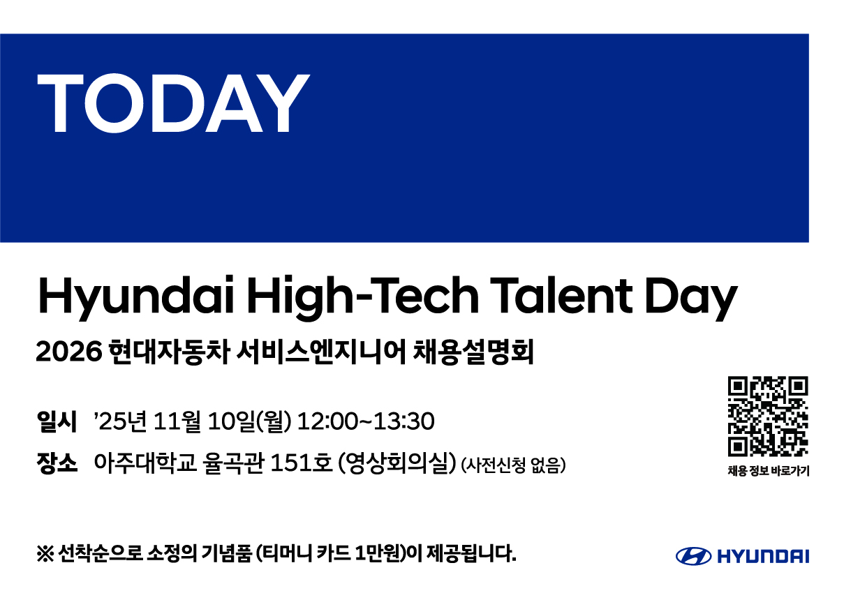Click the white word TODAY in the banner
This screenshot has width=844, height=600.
tap(174, 103)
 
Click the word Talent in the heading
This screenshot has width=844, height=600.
tap(561, 295)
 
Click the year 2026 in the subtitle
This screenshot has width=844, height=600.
tap(69, 352)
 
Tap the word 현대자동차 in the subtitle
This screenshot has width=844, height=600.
tap(169, 352)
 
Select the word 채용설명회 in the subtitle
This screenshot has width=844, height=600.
tap(473, 352)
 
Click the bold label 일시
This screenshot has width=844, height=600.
tap(57, 421)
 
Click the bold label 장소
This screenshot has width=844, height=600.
tap(57, 463)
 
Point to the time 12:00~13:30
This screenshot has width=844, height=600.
tap(366, 421)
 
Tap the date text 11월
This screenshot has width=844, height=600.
tap(177, 421)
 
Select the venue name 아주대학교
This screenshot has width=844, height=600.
tap(145, 463)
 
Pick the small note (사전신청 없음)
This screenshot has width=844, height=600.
tap(514, 465)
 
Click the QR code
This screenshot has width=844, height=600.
tap(768, 417)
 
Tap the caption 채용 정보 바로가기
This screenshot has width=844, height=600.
tap(769, 471)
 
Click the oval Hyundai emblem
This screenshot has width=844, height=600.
tap(694, 556)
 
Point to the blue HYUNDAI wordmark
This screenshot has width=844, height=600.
tap(763, 557)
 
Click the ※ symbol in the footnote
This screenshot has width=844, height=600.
tap(45, 554)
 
